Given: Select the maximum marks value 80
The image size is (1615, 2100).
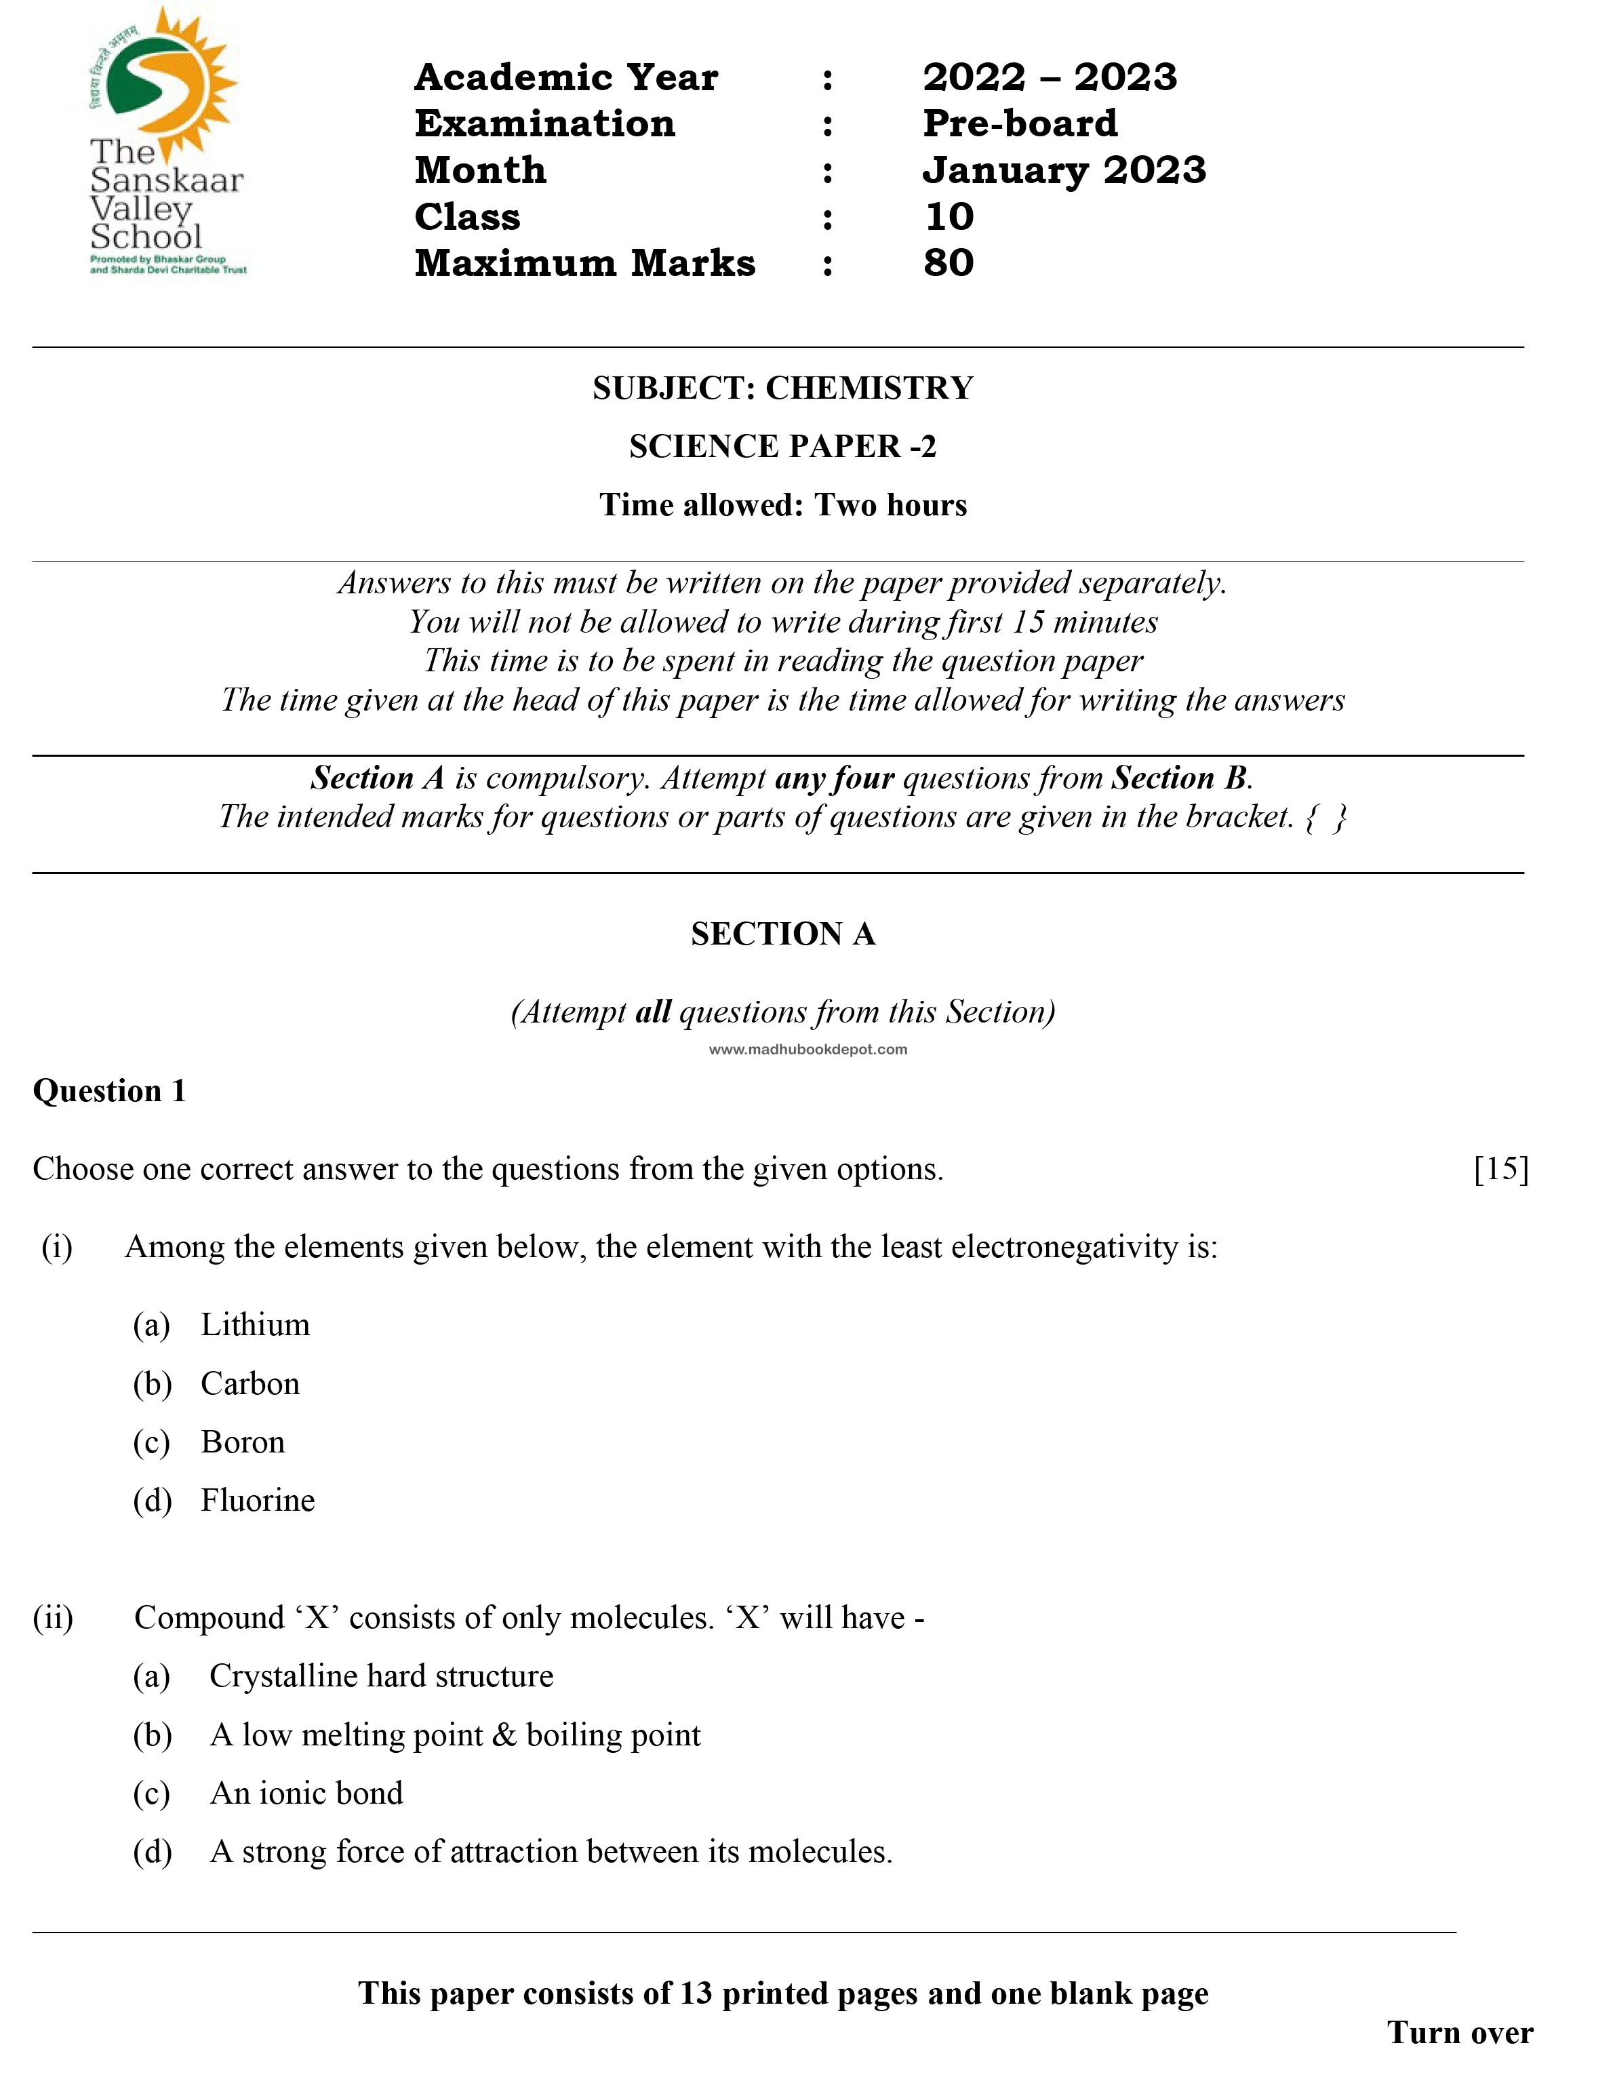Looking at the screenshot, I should tap(948, 262).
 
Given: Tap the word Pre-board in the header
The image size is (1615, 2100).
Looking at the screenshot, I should tap(1020, 123).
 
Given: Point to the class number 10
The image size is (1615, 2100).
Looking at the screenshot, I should tap(949, 216).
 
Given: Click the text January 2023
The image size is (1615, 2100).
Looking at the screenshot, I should tap(1063, 170).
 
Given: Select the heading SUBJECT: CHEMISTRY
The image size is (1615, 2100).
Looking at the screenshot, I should tap(782, 387).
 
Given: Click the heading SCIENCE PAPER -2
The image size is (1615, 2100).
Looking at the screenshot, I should tap(782, 446).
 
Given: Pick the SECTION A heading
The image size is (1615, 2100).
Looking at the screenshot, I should tap(782, 934).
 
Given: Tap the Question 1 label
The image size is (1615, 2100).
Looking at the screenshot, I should tap(110, 1090).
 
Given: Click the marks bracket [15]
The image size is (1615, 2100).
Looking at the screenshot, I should tap(1500, 1168).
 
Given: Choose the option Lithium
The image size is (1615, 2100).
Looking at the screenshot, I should tap(255, 1324).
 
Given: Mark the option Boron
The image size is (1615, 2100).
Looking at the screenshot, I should tap(242, 1442).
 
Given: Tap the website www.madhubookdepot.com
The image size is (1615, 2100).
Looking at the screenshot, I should tap(807, 1049).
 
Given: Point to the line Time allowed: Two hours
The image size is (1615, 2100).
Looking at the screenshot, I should tap(782, 504).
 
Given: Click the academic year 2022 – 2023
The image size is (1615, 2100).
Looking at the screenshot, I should tap(1049, 77).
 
